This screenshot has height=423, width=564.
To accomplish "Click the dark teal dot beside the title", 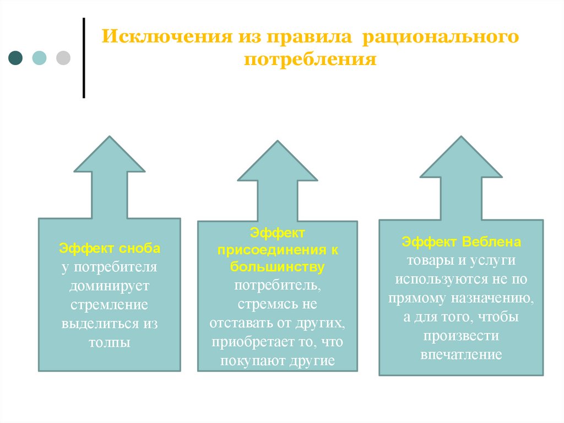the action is tap(16, 58).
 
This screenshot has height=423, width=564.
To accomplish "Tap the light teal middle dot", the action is tap(40, 58).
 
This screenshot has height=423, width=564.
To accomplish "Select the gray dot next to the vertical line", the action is tap(63, 58).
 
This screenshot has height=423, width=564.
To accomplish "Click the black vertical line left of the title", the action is tap(84, 58).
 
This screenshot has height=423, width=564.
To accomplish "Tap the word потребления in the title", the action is tap(311, 59).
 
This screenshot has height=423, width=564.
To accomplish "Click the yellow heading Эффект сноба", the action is tap(110, 248).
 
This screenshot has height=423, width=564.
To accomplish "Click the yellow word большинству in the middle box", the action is tap(277, 267).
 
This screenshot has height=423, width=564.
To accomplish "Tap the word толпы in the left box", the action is tap(110, 342).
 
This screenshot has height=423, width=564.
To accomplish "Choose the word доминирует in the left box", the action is tap(110, 286).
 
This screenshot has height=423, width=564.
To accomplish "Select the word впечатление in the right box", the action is tap(462, 354).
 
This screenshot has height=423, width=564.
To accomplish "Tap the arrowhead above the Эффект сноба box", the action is tap(110, 157).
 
